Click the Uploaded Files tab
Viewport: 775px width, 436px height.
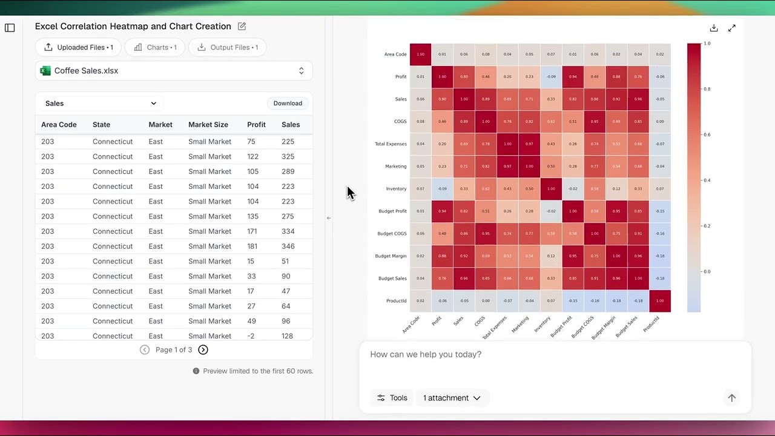tap(78, 47)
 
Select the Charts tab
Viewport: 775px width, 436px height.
tap(156, 47)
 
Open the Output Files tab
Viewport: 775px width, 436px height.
tap(228, 47)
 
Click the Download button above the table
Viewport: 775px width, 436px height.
tap(288, 104)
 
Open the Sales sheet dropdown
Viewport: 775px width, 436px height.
tap(101, 104)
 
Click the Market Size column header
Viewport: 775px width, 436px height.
tap(208, 125)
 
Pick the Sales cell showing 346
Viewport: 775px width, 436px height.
tap(288, 246)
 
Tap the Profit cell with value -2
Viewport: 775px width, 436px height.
tap(251, 336)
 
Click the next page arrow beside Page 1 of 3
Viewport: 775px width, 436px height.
tap(203, 350)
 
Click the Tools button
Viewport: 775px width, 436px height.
tap(392, 398)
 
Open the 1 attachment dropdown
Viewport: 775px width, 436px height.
tap(452, 398)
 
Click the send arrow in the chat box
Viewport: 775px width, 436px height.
tap(731, 398)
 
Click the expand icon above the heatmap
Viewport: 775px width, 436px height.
tap(732, 28)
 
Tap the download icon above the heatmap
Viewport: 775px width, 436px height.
tap(714, 28)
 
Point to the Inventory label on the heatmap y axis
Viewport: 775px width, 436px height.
tap(396, 189)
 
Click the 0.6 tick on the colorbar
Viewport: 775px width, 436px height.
tap(706, 134)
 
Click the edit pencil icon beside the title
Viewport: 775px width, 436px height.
tap(242, 27)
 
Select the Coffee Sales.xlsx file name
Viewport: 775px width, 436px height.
tap(86, 71)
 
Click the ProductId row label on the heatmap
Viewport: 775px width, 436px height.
tap(396, 301)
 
